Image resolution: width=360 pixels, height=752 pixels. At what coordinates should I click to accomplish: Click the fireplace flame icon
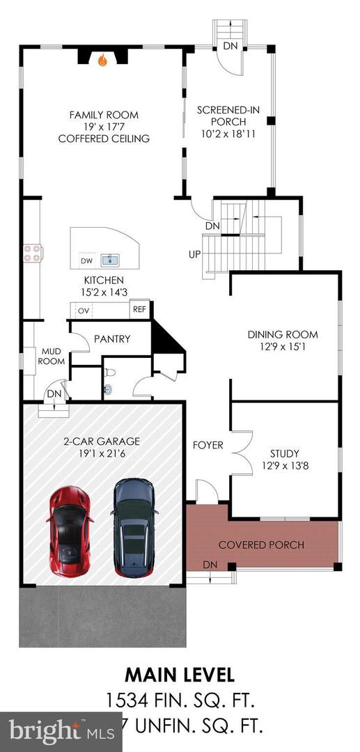click(x=103, y=61)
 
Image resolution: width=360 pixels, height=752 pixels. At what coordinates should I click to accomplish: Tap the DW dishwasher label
click(x=87, y=261)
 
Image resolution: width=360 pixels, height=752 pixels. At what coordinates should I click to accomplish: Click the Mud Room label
click(x=52, y=357)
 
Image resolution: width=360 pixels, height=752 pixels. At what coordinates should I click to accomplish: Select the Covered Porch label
click(x=261, y=545)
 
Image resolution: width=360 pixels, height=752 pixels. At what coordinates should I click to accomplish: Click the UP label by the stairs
click(x=194, y=253)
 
